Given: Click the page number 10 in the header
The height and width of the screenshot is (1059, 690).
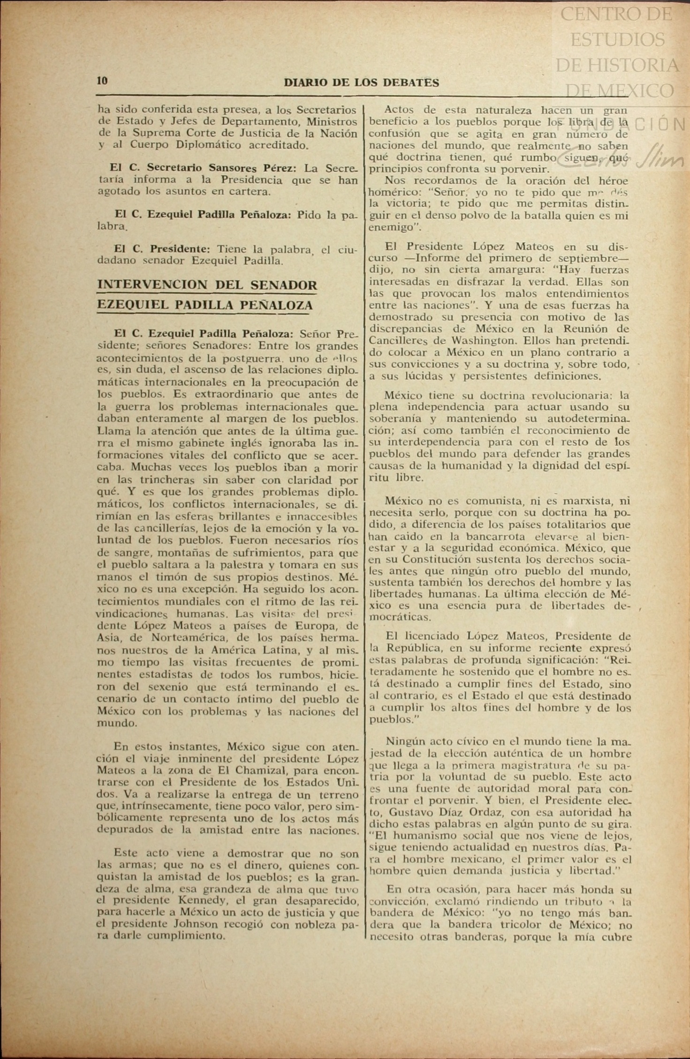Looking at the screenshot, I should click(x=102, y=80).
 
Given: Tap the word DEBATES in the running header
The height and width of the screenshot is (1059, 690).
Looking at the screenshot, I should click(x=411, y=83).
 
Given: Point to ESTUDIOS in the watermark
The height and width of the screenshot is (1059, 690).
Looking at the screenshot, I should click(x=618, y=39).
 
